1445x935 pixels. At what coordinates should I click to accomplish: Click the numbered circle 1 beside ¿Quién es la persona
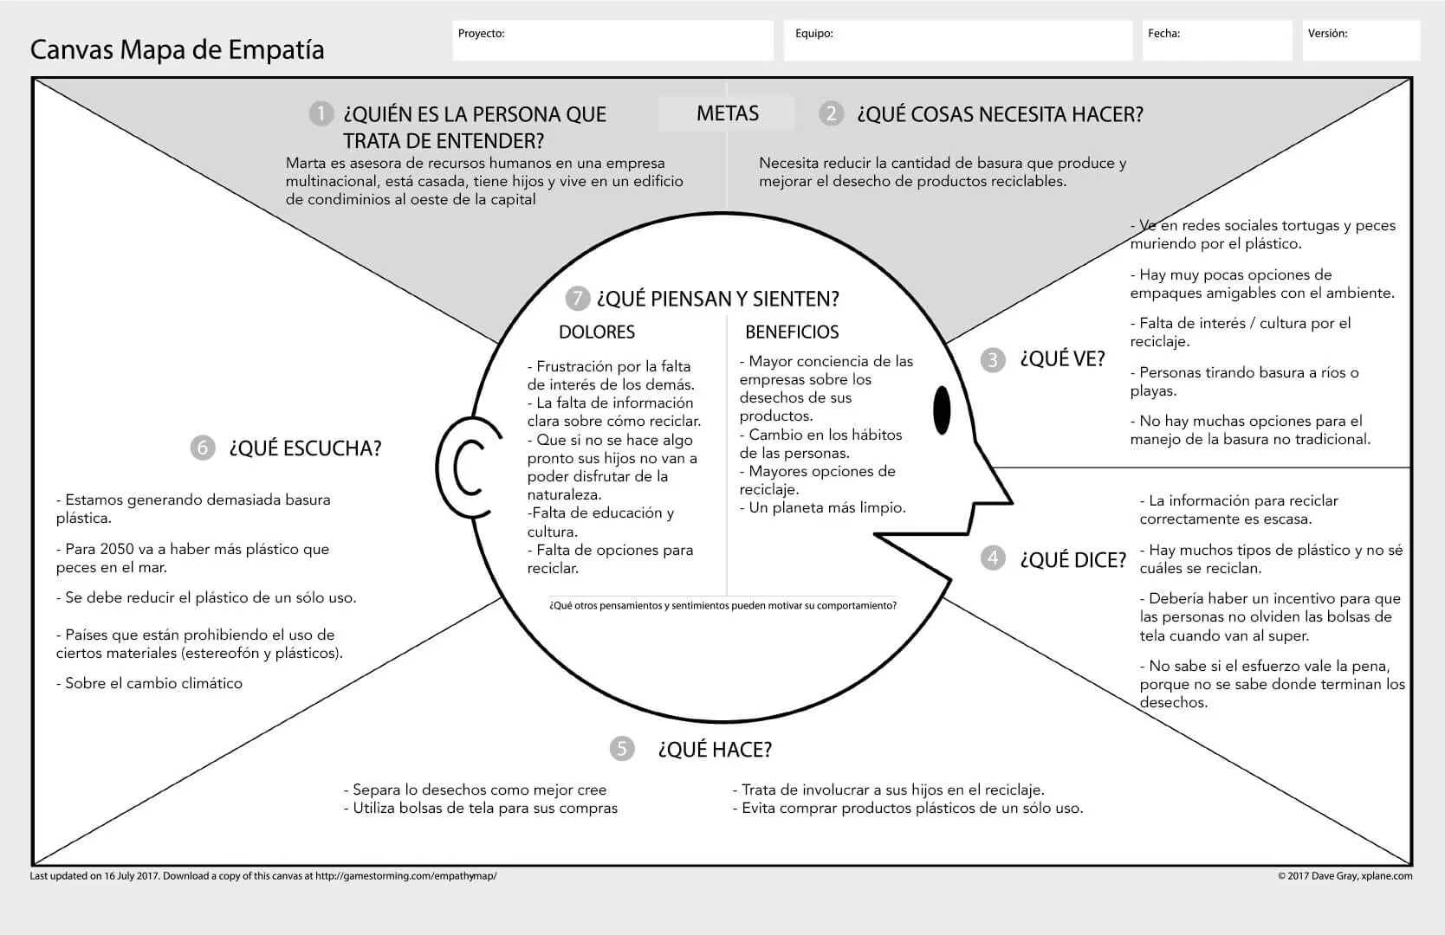[321, 114]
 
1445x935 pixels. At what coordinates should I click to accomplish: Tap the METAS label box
[727, 113]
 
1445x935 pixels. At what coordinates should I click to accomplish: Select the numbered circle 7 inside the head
[577, 299]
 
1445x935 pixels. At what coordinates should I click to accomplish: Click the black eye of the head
[942, 409]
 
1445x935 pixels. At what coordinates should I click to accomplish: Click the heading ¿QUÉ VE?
[1062, 359]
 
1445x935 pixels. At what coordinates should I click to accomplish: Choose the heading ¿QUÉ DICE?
[1072, 559]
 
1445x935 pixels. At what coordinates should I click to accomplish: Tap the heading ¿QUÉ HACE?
[715, 749]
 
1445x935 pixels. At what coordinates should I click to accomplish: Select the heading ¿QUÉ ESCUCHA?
[305, 448]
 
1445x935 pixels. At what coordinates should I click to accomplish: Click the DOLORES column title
[596, 332]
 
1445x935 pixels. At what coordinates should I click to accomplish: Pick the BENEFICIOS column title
[792, 332]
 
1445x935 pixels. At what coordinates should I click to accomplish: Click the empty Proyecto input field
[612, 42]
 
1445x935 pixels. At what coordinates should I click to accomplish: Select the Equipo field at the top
[957, 42]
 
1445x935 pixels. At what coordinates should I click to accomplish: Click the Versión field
[1360, 42]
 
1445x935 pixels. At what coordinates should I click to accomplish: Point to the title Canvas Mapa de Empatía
[178, 50]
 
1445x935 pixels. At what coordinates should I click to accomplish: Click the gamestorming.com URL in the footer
[405, 876]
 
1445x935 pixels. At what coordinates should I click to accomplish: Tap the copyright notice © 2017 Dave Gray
[1345, 876]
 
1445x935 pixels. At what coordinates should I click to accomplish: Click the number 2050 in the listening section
[117, 549]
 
